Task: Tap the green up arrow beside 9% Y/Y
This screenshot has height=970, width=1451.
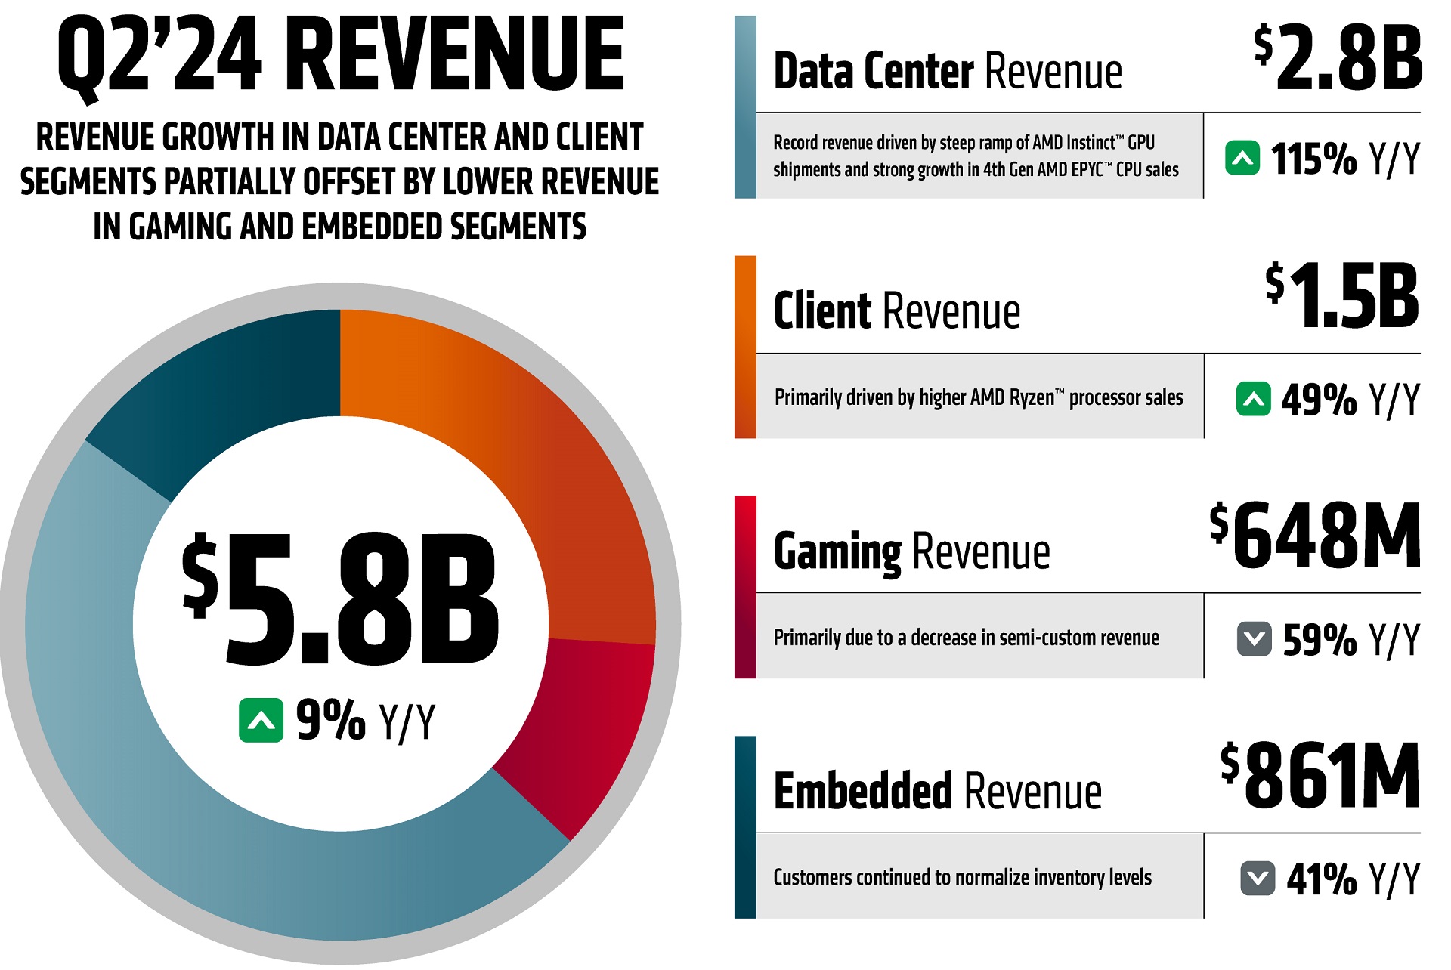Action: coord(261,721)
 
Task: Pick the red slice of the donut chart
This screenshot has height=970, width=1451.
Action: coord(589,725)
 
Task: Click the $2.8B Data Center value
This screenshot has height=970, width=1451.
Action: coord(1338,58)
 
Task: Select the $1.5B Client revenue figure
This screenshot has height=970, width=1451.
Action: coord(1343,297)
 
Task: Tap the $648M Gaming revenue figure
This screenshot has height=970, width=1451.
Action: coord(1315,536)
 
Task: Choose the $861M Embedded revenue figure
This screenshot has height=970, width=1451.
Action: coord(1320,776)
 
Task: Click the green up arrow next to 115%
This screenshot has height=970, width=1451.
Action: coord(1242,158)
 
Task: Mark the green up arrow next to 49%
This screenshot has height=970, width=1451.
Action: coord(1253,399)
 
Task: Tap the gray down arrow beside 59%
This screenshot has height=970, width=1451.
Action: coord(1254,639)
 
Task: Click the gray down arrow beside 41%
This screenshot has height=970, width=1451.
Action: coord(1258,879)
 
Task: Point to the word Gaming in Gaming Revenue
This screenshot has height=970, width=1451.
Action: coord(837,551)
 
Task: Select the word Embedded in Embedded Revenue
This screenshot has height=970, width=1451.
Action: coord(862,791)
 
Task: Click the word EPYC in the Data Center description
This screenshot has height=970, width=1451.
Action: coord(1087,170)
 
